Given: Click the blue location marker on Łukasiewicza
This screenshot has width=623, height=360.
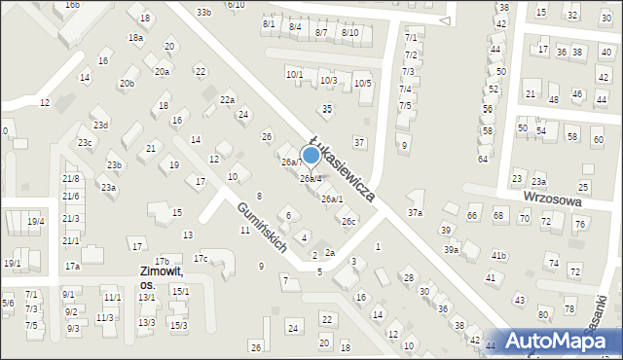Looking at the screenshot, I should [x=311, y=155].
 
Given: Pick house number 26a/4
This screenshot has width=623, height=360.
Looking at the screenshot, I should [x=311, y=179].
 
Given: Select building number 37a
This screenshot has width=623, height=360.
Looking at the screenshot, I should [x=416, y=212].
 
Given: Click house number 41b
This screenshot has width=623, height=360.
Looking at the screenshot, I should [x=498, y=255].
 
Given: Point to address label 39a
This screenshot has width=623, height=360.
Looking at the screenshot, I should [x=452, y=250].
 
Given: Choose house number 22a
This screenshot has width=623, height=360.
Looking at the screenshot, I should [x=227, y=100].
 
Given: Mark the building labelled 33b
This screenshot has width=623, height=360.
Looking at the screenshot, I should [x=202, y=13].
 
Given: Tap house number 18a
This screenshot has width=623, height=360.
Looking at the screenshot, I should [x=135, y=37].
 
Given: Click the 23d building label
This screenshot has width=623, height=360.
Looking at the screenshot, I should [x=100, y=126].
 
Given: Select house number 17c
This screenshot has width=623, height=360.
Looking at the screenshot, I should [x=200, y=258].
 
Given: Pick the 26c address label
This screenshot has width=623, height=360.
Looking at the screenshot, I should [x=348, y=222].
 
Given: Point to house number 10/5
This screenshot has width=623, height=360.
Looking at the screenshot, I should [x=362, y=84].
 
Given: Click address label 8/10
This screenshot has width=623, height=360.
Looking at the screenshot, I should [x=350, y=32].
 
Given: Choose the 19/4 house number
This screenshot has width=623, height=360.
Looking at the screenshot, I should [x=36, y=222].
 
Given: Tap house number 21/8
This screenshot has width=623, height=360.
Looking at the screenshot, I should [x=71, y=179].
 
